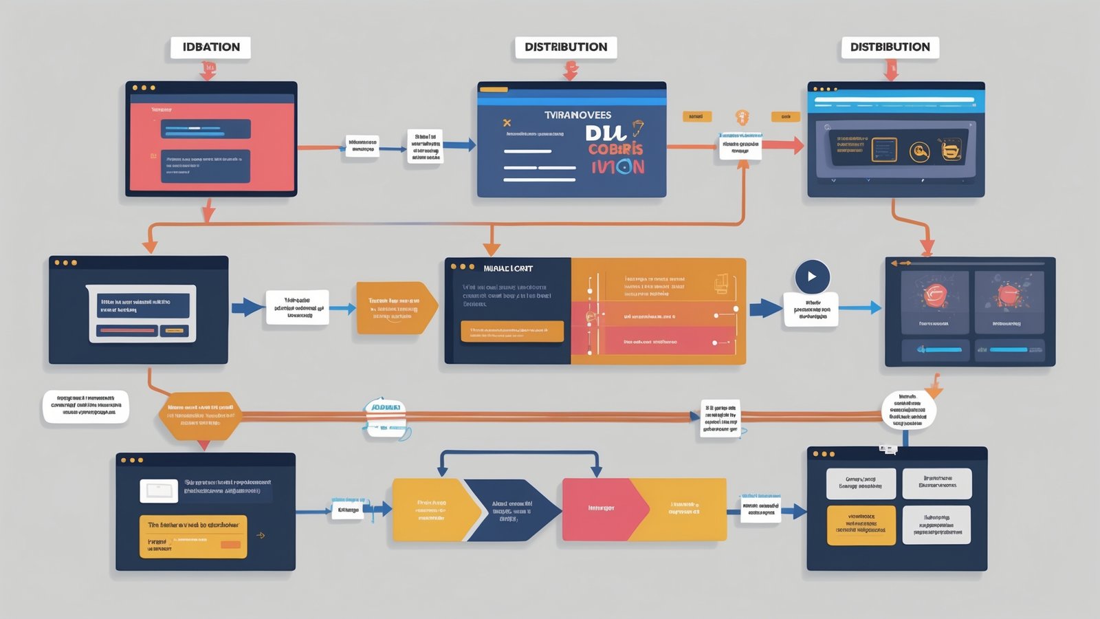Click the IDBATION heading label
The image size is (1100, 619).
[x=210, y=47]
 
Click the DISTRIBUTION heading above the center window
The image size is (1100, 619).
[x=566, y=47]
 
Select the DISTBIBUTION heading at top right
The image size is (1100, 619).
[x=890, y=47]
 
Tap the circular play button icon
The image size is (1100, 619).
[x=812, y=276]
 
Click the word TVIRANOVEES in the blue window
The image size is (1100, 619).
[x=577, y=115]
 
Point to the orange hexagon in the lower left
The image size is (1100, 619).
[x=200, y=415]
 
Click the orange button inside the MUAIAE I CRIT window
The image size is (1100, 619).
[x=512, y=332]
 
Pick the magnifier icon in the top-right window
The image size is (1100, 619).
[x=919, y=151]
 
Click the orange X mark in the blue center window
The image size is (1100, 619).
[x=507, y=123]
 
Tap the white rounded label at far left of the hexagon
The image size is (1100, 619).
[x=86, y=406]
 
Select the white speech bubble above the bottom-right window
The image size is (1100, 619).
[x=908, y=410]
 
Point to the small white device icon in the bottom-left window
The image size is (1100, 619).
[x=159, y=490]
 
